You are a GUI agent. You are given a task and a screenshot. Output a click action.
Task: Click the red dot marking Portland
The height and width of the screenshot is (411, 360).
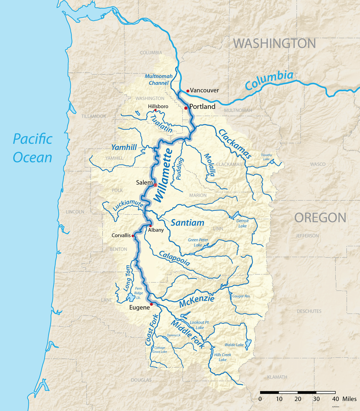coord(186,108)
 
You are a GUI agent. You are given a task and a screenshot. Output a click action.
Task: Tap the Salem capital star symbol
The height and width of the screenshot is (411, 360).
coord(155,185)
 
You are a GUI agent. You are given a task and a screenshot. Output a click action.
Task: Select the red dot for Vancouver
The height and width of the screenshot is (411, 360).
coord(188,91)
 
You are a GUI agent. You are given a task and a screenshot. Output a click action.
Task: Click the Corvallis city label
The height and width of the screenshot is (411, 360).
coord(121,235)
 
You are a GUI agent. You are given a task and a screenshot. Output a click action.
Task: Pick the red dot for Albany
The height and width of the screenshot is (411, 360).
coord(150,226)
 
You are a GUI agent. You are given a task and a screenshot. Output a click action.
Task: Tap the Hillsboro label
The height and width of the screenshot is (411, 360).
coord(158,106)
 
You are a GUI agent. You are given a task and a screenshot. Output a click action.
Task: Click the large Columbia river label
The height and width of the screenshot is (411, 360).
coord(269,80)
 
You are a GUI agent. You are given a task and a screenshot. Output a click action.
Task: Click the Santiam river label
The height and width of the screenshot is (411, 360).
coord(187,223)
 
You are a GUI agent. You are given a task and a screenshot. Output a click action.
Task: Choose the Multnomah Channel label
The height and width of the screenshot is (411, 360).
coord(156,79)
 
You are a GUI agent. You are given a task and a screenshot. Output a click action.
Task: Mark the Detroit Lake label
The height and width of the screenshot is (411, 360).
coord(243,223)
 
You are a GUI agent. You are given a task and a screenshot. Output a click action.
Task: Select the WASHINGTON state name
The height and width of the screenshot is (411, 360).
coord(275,44)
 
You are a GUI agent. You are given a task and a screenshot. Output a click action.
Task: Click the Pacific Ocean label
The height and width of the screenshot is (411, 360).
coord(32,148)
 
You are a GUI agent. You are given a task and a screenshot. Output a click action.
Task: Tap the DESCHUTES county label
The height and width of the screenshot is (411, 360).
coord(309,311)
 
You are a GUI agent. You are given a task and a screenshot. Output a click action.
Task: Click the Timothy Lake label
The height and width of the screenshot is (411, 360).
coord(266,157)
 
